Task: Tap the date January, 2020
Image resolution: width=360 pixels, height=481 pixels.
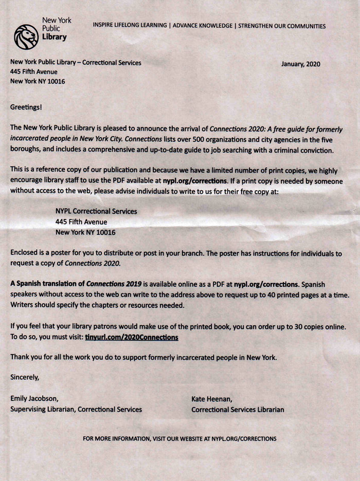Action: [x=301, y=64]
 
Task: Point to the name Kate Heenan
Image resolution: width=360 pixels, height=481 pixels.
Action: [x=212, y=398]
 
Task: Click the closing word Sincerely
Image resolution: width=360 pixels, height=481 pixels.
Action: [x=25, y=377]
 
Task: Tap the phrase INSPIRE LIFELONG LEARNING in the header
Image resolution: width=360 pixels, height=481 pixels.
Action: [x=130, y=25]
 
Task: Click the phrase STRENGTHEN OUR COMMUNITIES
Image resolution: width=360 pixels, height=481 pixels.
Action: [x=281, y=25]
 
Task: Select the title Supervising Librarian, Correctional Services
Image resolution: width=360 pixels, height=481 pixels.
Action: [x=76, y=410]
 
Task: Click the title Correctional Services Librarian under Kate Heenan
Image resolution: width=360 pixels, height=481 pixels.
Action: [x=238, y=410]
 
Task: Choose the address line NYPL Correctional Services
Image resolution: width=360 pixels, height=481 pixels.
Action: [x=96, y=211]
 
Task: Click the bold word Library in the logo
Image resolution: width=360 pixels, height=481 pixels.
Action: [x=54, y=38]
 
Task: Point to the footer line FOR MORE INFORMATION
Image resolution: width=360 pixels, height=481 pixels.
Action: [x=179, y=439]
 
